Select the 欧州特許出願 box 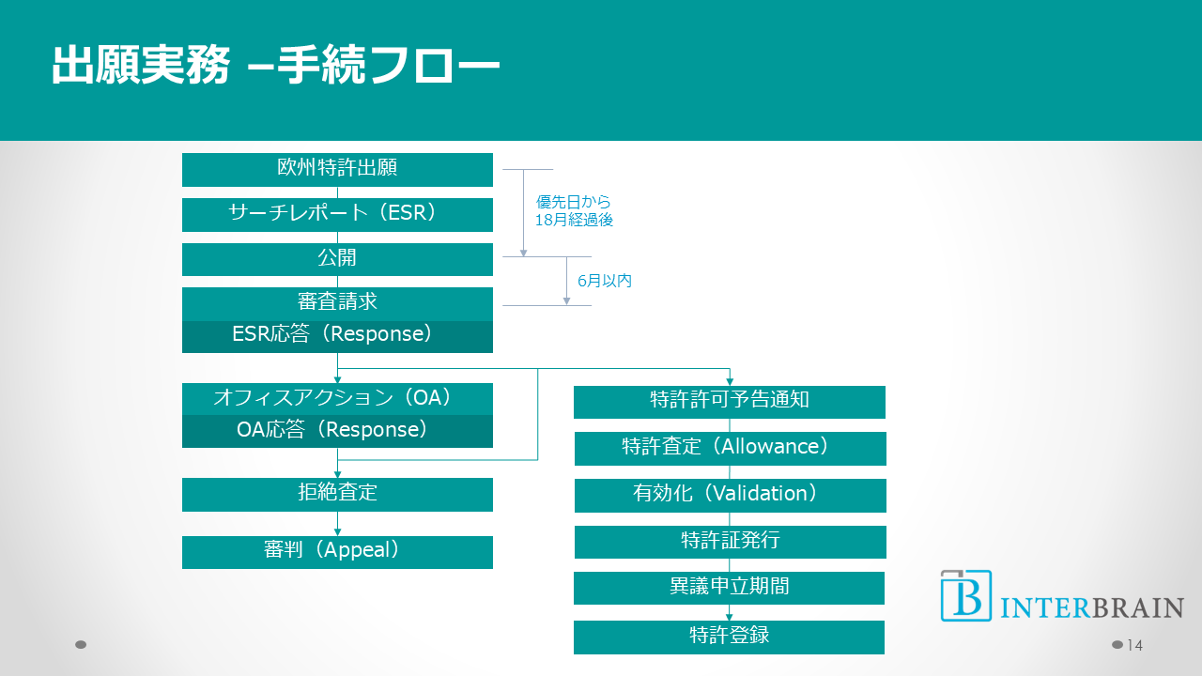coord(337,169)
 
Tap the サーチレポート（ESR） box coord(337,214)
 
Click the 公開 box coord(337,259)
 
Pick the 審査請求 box coord(337,303)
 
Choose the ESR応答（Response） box coord(337,336)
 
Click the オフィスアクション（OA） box coord(337,399)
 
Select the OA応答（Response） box coord(337,431)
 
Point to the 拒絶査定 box coord(337,494)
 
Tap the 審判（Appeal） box coord(337,552)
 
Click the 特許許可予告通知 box coord(730,402)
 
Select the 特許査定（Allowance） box coord(730,448)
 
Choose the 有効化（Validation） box coord(730,495)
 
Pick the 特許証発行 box coord(730,542)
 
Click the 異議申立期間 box coord(730,588)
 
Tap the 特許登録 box coord(730,637)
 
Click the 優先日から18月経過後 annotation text coord(574,211)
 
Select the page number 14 coord(1134,645)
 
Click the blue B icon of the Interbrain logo coord(965,595)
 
